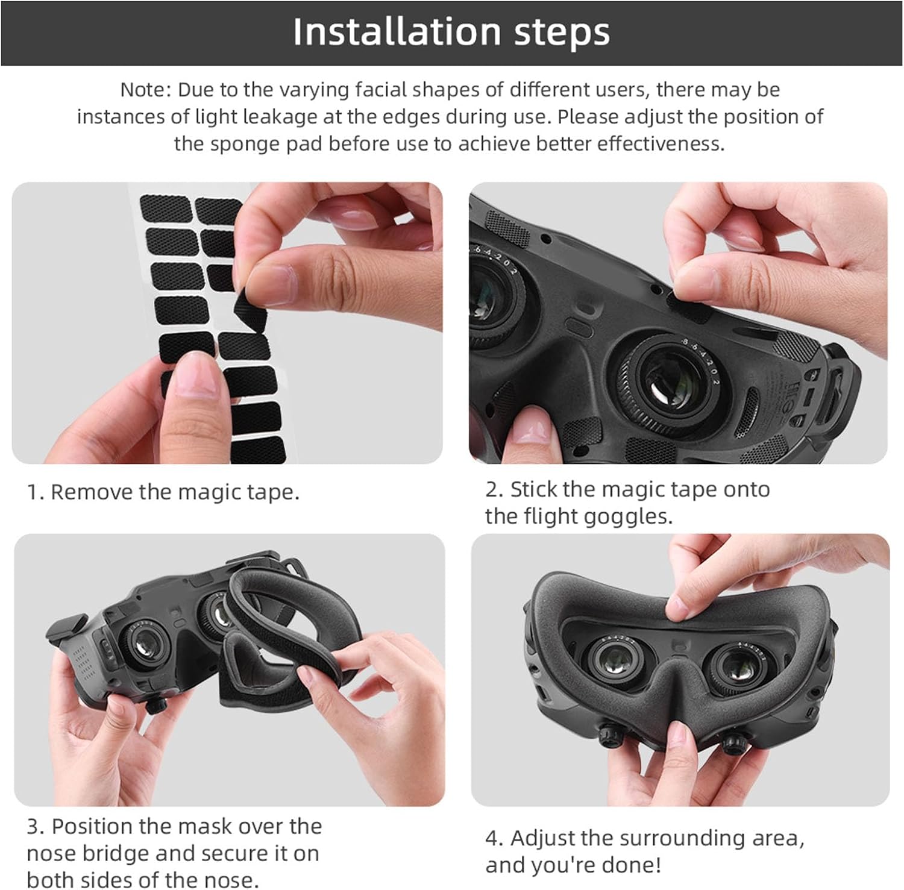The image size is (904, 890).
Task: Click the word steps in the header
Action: [562, 33]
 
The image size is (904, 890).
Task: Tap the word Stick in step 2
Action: [534, 489]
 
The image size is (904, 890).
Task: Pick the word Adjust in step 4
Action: [542, 838]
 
